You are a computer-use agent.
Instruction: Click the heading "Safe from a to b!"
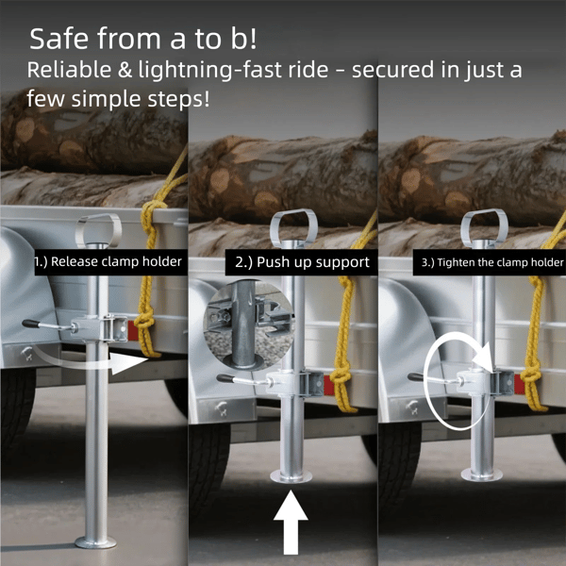coord(143,39)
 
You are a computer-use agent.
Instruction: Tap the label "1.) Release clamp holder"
coord(108,261)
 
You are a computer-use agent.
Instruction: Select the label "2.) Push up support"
coord(302,262)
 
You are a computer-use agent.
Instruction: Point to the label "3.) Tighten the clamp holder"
coord(492,262)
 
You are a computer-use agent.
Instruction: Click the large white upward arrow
coord(291,522)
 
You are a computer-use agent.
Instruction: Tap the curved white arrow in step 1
coord(91,362)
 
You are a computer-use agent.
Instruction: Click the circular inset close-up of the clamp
coord(249,325)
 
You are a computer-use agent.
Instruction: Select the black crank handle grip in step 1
coord(31,324)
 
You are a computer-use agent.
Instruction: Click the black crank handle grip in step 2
coord(225,378)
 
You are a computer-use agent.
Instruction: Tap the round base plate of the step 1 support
coord(95,542)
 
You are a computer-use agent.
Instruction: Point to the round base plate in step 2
coord(291,476)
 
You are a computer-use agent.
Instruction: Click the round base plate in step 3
coord(482,474)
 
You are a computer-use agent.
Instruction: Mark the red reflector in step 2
coord(326,383)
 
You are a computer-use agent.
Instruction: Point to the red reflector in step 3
coord(518,384)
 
